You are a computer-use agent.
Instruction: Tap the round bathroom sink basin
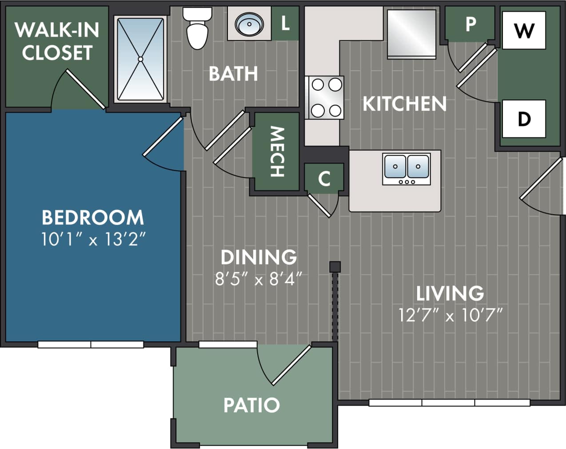(249, 24)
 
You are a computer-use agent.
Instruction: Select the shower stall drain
(140, 59)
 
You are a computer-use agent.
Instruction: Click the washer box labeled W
(524, 30)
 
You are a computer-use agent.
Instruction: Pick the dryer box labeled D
(524, 119)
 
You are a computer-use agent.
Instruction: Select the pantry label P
(470, 24)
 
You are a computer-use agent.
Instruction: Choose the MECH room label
(277, 152)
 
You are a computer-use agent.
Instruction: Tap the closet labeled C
(324, 178)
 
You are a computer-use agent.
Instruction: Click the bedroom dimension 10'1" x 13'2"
(93, 240)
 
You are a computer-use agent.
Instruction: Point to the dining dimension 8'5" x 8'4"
(259, 279)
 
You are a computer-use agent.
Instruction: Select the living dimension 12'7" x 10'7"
(450, 315)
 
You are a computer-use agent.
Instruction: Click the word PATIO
(251, 405)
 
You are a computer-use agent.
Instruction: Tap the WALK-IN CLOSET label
(57, 41)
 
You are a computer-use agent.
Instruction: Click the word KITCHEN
(404, 104)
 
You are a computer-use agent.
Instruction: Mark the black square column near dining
(335, 267)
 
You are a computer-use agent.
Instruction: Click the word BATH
(233, 73)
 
